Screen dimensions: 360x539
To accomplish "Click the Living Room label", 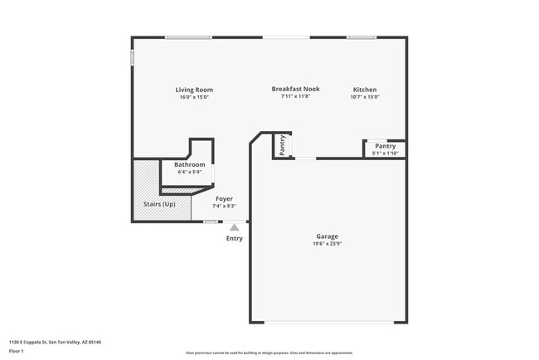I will (x=193, y=90).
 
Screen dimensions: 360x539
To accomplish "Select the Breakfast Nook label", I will (x=295, y=89).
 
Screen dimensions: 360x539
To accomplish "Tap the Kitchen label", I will (x=365, y=90).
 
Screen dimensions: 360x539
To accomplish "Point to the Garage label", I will (x=327, y=236).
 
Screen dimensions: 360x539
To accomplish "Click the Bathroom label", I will (x=189, y=165).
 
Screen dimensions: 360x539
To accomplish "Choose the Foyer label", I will (x=224, y=199).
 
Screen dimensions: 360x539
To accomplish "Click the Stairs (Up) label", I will (x=160, y=204).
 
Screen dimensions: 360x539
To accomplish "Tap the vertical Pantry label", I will (x=283, y=144).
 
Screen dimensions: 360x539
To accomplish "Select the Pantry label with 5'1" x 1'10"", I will (x=386, y=146).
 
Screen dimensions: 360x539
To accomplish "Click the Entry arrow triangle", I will (x=235, y=226).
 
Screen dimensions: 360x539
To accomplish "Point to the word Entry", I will (x=235, y=239).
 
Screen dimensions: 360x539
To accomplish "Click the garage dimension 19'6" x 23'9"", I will (x=327, y=244).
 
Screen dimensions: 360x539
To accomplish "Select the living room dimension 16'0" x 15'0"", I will (x=193, y=97).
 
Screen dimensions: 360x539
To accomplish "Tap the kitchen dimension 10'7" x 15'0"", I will (x=365, y=97).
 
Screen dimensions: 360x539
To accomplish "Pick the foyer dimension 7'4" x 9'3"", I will (x=224, y=206).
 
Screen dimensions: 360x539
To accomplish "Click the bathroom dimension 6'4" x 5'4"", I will (x=189, y=173).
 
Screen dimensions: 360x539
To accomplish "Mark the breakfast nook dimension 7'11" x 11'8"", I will (x=295, y=96).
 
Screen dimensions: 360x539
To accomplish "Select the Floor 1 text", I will (x=17, y=350).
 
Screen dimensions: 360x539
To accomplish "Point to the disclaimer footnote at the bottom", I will (x=269, y=353).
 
